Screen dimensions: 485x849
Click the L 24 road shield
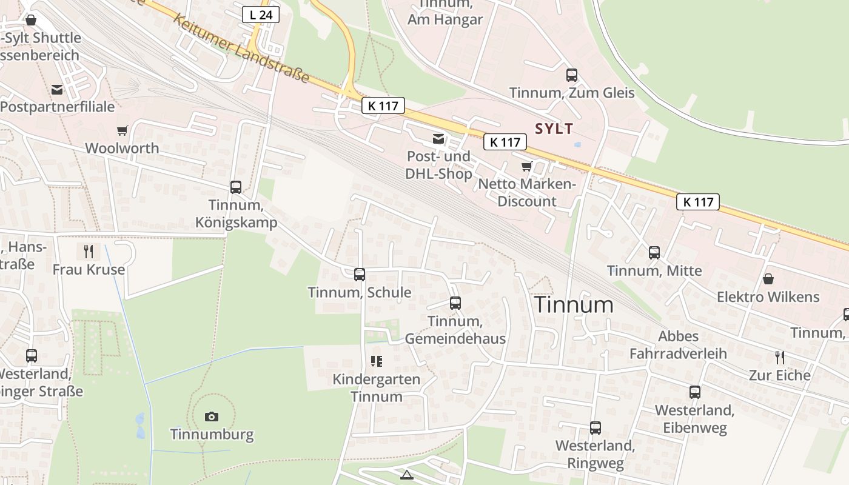[261, 15]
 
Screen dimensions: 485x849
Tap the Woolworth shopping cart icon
[122, 130]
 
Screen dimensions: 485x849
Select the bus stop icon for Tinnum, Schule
[360, 275]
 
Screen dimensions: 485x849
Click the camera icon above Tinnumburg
[211, 416]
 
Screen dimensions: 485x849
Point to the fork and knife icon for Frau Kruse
[89, 251]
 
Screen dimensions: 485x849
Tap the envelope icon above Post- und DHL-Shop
[438, 139]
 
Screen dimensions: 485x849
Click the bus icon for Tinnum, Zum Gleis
[572, 75]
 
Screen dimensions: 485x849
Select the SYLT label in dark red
[554, 129]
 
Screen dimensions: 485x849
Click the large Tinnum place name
[574, 305]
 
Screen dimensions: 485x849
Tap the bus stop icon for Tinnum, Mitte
[654, 253]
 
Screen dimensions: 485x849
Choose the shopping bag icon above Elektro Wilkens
[768, 279]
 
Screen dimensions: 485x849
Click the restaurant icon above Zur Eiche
[780, 357]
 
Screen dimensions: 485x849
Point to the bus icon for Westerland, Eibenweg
[695, 392]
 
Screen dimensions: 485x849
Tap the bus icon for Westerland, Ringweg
[596, 428]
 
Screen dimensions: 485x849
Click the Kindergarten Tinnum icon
[377, 362]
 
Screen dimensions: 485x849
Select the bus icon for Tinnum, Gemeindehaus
[455, 303]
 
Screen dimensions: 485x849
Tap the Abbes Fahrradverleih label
[678, 344]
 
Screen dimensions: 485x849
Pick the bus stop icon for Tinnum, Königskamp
[236, 187]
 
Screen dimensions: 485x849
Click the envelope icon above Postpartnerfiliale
[57, 90]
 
